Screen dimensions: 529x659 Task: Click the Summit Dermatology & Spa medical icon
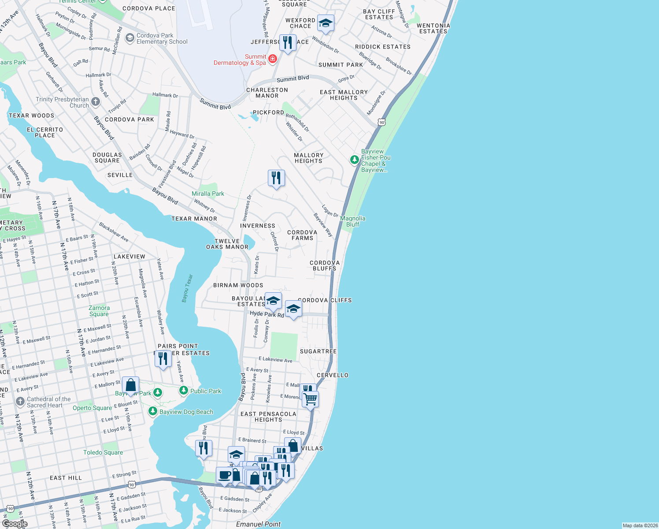273,59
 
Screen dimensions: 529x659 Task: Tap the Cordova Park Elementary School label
162,39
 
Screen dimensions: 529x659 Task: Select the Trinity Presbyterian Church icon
96,102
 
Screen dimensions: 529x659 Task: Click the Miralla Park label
208,194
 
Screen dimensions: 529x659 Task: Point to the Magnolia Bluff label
353,221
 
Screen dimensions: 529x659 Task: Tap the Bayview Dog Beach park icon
153,411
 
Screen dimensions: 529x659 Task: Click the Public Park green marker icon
184,391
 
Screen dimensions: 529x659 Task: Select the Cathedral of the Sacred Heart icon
20,402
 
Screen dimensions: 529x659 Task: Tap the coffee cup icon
224,476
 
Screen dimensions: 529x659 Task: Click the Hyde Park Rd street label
267,314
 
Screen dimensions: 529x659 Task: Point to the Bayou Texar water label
188,289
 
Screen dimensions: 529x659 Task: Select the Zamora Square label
99,311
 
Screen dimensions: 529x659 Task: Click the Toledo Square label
103,452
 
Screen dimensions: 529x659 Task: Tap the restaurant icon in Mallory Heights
276,178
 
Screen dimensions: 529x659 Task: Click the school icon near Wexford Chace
325,23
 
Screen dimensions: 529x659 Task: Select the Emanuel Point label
258,524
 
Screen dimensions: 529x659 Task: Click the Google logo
15,524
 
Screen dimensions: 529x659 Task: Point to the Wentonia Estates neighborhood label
433,29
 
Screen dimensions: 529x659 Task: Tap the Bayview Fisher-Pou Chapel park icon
354,160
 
